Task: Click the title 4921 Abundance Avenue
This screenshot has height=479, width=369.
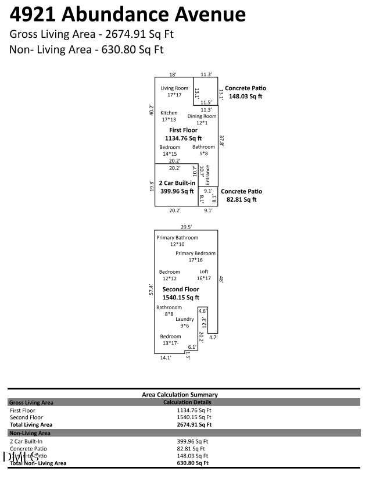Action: click(127, 15)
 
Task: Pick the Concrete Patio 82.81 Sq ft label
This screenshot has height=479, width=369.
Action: click(241, 195)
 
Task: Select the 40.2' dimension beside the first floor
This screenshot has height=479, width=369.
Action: click(151, 110)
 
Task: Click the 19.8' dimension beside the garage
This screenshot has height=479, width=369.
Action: click(151, 185)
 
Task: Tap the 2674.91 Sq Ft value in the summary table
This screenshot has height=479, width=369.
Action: click(194, 425)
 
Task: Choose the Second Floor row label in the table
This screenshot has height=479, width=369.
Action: click(26, 417)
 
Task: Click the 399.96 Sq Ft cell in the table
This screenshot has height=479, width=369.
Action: click(194, 441)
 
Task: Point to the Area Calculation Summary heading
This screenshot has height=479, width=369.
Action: click(180, 395)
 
